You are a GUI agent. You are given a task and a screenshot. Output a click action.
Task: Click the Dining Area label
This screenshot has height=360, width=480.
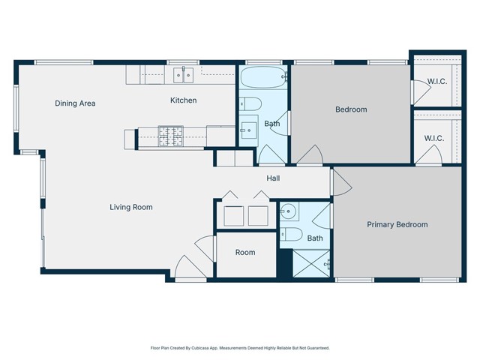[x=75, y=103]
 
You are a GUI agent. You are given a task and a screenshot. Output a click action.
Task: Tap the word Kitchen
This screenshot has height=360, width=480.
[x=183, y=100]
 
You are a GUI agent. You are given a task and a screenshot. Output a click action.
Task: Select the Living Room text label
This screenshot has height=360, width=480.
[x=131, y=207]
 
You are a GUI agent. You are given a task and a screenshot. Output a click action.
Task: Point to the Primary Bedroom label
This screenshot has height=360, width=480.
[x=397, y=224]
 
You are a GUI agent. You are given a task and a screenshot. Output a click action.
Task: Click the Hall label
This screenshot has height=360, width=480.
[x=273, y=178]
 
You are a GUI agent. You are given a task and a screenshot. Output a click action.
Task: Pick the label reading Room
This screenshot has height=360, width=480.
[x=245, y=253]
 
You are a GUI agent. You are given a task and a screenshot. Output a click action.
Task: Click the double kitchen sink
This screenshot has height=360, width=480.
[x=184, y=73]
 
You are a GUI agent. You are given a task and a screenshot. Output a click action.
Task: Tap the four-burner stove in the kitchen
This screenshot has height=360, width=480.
[x=170, y=134]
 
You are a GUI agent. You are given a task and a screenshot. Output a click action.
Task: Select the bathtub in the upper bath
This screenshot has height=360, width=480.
[x=262, y=76]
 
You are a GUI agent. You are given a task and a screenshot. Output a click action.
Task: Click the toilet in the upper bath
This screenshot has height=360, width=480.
[x=250, y=103]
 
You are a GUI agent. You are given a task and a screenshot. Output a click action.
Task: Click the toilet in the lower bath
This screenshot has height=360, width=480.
[x=291, y=235]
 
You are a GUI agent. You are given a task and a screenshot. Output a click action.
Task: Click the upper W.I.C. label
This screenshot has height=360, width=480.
[x=436, y=81]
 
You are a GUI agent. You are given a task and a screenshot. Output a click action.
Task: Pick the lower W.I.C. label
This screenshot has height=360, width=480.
[x=434, y=138]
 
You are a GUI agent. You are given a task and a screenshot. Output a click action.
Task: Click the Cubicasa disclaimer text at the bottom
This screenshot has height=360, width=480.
[x=240, y=348]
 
